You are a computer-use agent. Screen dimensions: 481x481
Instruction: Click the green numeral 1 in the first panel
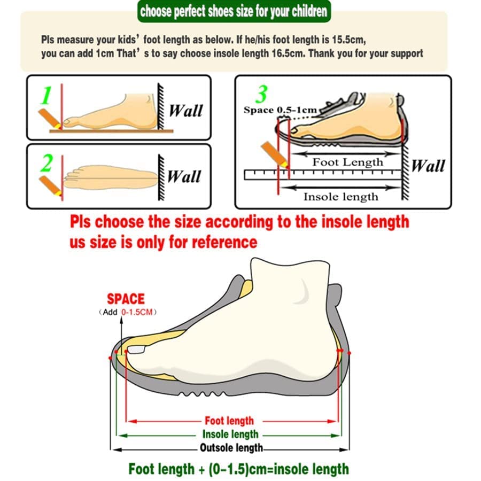(x=46, y=96)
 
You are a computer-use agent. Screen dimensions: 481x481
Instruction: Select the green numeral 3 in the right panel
(x=261, y=94)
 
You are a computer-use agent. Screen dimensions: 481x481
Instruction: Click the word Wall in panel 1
(x=186, y=111)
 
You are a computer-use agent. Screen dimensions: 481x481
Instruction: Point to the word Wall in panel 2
(x=184, y=176)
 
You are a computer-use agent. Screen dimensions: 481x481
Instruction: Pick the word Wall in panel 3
(x=428, y=166)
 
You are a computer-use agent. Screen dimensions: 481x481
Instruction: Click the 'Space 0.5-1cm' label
(x=281, y=110)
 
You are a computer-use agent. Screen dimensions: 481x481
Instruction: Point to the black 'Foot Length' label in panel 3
(x=347, y=162)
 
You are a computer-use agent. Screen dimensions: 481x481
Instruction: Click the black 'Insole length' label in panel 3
(x=340, y=196)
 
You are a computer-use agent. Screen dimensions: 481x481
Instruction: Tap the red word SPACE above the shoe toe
(x=126, y=299)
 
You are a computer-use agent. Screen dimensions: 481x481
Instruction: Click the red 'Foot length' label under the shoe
(x=229, y=421)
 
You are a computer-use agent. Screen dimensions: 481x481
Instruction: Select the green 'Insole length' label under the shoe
(x=230, y=435)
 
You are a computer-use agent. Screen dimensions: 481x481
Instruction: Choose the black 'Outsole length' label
(x=231, y=448)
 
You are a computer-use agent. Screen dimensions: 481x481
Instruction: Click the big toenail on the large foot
(x=137, y=349)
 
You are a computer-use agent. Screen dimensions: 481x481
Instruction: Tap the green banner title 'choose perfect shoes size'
(x=234, y=11)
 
